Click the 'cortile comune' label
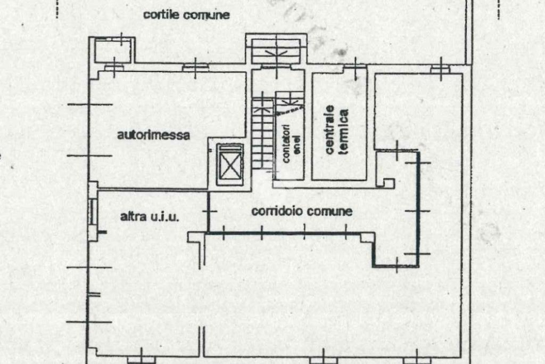coord(186,15)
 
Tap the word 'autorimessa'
coord(153,135)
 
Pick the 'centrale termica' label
coord(336,132)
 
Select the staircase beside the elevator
coord(262,133)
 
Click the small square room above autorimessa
coord(113,51)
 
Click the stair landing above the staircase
coord(276,50)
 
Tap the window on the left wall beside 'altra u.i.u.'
coord(93,212)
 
